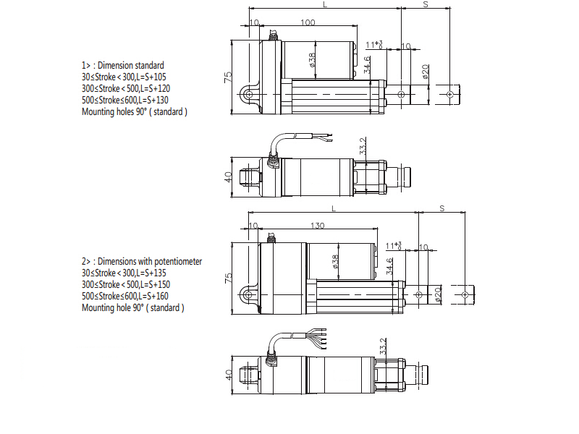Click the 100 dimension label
[308, 22]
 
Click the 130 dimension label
[317, 226]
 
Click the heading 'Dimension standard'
[131, 65]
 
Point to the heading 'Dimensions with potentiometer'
[150, 262]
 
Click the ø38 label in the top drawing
[312, 60]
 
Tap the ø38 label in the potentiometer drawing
[335, 262]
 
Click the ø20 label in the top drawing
[425, 72]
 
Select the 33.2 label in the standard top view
[363, 146]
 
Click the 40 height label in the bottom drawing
[228, 375]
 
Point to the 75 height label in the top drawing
[228, 77]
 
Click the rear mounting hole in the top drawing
[249, 95]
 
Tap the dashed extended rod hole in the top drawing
[449, 95]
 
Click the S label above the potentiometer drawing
[442, 208]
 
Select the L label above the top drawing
[325, 4]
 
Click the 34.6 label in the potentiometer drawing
[389, 266]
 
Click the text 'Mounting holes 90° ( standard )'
[135, 112]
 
